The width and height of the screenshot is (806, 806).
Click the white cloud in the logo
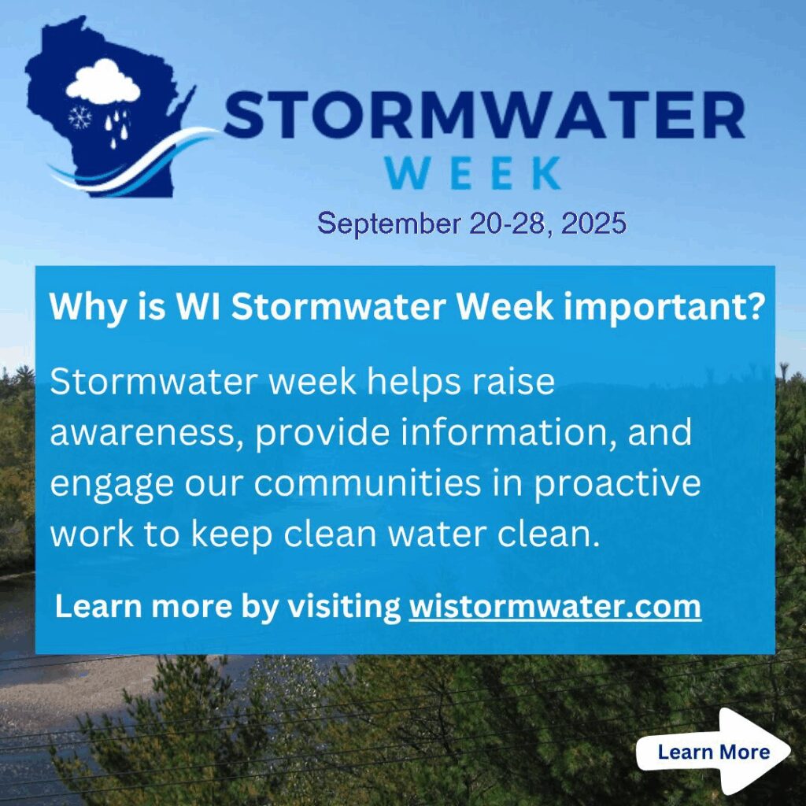tap(103, 81)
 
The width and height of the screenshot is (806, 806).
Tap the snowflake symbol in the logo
tap(80, 118)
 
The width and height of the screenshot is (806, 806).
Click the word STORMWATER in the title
tap(484, 115)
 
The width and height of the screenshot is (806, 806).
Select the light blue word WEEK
tap(473, 173)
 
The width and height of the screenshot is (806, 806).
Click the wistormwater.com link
tap(555, 607)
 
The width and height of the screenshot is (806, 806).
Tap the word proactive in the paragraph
tap(617, 485)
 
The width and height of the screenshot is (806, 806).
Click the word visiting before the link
tap(344, 607)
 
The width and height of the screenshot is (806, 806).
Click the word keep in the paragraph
tap(232, 534)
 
